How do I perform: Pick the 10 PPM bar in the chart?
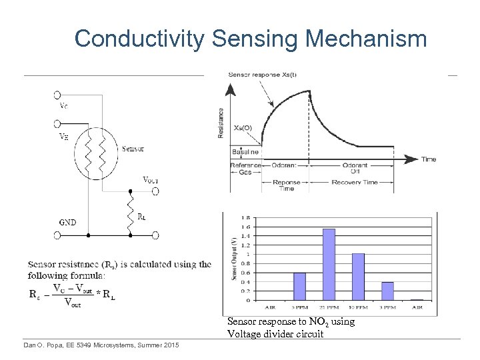[358, 276]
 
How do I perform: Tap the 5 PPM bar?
[299, 286]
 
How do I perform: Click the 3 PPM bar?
[387, 291]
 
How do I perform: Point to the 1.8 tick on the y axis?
[246, 218]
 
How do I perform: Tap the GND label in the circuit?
[68, 222]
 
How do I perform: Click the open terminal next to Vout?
[155, 191]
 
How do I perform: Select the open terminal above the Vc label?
[57, 95]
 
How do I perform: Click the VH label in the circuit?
[63, 136]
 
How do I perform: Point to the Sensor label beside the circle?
[133, 149]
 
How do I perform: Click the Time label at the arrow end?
[429, 159]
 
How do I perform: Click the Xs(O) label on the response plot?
[243, 128]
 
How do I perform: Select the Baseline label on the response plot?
[245, 153]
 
